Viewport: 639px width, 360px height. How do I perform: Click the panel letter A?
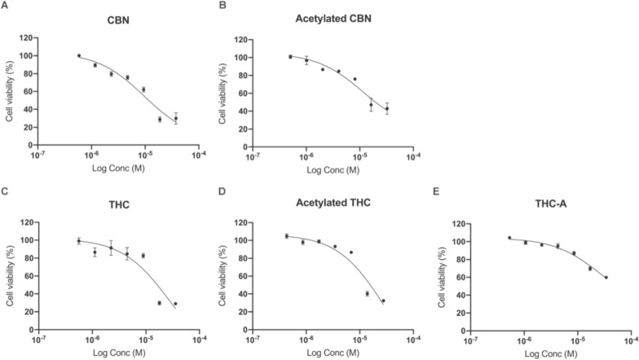tap(5, 6)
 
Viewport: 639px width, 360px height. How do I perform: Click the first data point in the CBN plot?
tap(79, 55)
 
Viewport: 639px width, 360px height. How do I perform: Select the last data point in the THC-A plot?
tap(606, 278)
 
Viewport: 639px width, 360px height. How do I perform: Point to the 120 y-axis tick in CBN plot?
tap(26, 37)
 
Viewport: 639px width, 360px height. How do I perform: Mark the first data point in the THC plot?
tap(78, 241)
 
